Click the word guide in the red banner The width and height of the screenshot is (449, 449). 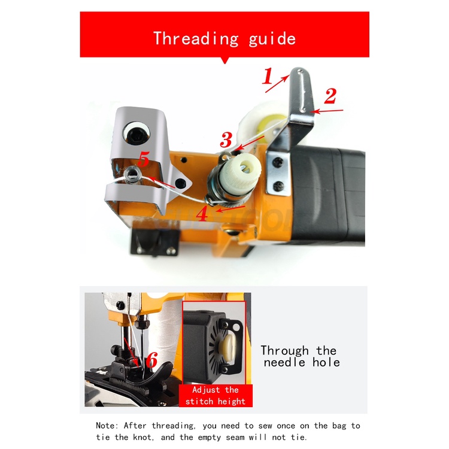(x=272, y=40)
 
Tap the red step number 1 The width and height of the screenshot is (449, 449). (x=268, y=76)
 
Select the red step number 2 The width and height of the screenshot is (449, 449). (x=330, y=96)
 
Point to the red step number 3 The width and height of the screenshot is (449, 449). (x=226, y=139)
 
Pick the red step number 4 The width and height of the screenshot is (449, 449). (x=202, y=213)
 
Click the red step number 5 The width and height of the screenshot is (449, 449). (x=144, y=159)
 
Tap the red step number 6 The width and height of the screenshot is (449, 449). (x=152, y=360)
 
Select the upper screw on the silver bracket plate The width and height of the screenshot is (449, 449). (x=277, y=163)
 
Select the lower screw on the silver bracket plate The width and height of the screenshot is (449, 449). (x=278, y=186)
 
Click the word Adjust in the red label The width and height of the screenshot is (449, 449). (x=206, y=390)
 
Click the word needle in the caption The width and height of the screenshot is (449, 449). (x=284, y=363)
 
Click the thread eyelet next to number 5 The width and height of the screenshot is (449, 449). (x=132, y=174)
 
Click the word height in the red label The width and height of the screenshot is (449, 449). (x=231, y=402)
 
